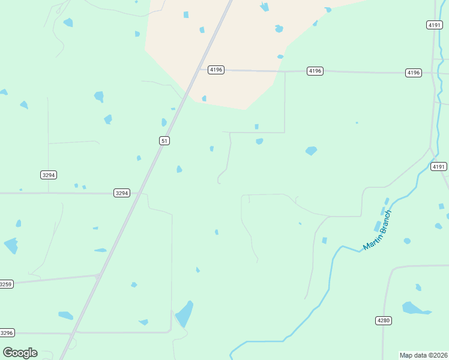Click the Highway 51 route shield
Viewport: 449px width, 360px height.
pyautogui.click(x=164, y=140)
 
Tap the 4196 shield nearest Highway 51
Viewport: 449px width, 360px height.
pyautogui.click(x=216, y=70)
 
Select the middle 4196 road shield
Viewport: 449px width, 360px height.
pyautogui.click(x=315, y=71)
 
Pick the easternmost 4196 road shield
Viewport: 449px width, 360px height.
pyautogui.click(x=413, y=73)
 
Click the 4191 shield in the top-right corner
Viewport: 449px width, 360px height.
pyautogui.click(x=435, y=25)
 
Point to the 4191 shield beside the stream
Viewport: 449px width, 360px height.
pyautogui.click(x=439, y=166)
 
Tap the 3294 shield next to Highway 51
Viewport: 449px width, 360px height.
pyautogui.click(x=121, y=193)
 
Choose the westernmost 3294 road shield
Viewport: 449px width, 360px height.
pyautogui.click(x=49, y=175)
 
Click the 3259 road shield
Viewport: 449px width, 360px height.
pyautogui.click(x=6, y=284)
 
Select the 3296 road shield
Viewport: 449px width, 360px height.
pyautogui.click(x=6, y=332)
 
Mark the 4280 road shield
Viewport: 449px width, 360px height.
pyautogui.click(x=384, y=320)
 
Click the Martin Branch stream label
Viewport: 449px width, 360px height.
pyautogui.click(x=378, y=230)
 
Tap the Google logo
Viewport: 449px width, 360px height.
pyautogui.click(x=20, y=353)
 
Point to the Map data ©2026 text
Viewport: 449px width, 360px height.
pyautogui.click(x=424, y=355)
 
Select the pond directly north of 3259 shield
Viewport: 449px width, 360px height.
pyautogui.click(x=11, y=245)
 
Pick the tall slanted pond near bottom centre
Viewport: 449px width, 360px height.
pyautogui.click(x=184, y=314)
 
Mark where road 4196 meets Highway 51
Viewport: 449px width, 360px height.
pyautogui.click(x=199, y=70)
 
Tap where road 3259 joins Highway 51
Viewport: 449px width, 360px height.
pyautogui.click(x=98, y=276)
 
